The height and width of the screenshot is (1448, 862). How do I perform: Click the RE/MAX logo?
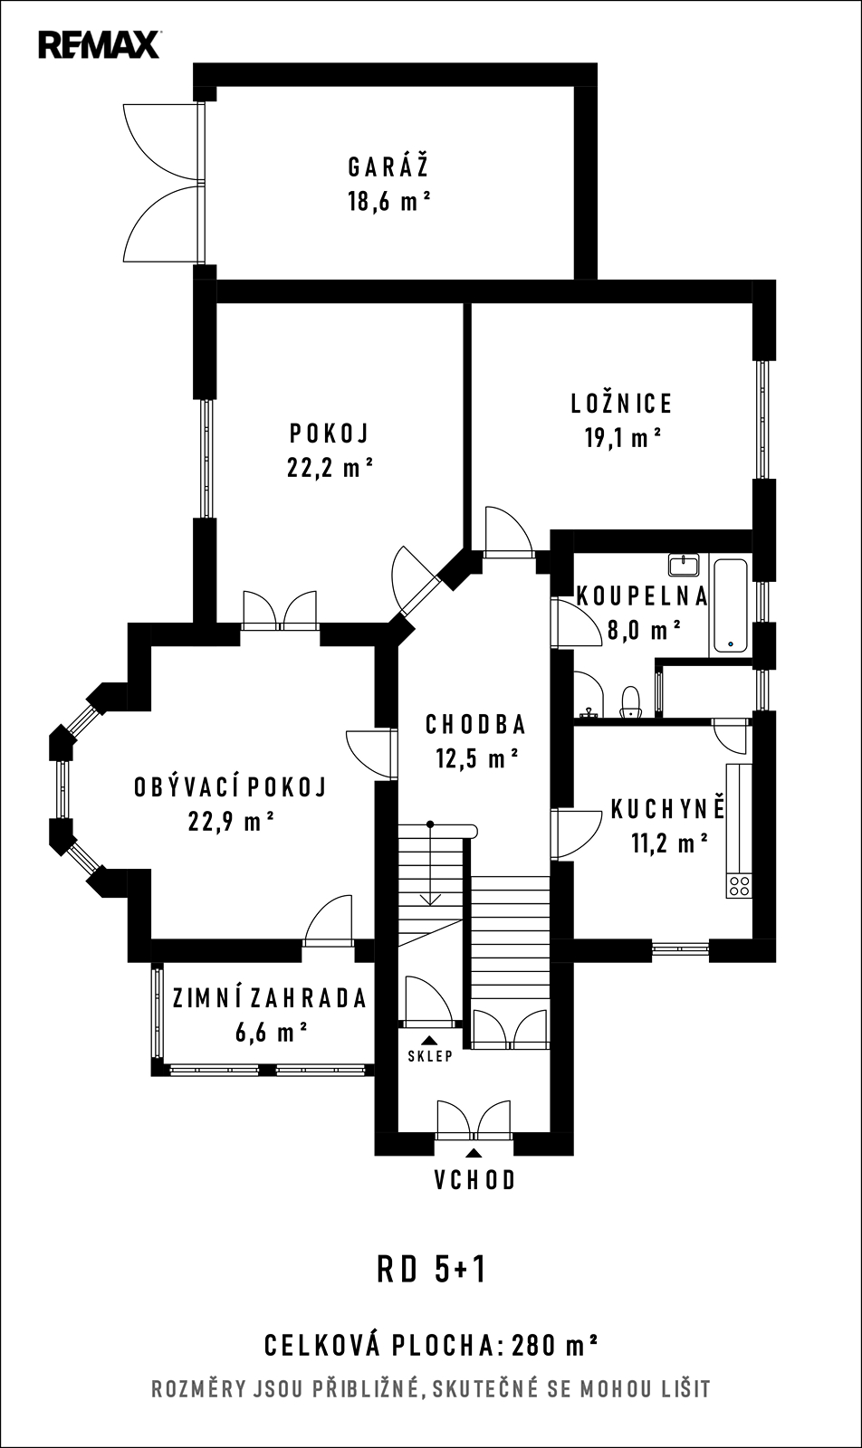pos(100,45)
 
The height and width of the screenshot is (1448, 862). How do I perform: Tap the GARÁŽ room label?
pos(388,167)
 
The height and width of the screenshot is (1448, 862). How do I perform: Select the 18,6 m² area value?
pos(389,202)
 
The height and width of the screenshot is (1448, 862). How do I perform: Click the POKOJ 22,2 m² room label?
pos(330,450)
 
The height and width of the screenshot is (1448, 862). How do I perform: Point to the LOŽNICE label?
pos(621,404)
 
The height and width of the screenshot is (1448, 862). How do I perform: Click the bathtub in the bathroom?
pos(731,605)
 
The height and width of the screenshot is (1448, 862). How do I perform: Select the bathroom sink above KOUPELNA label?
pos(684,565)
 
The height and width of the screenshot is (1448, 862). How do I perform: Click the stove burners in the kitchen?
pos(739,885)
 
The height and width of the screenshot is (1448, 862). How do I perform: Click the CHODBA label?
pos(476,725)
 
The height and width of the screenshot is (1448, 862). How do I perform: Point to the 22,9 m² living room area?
pos(232,822)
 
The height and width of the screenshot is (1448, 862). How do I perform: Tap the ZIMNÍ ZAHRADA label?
pos(270,998)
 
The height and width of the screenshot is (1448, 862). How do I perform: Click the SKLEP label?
pos(430,1056)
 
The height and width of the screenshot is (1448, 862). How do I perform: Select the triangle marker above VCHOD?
pos(474,1152)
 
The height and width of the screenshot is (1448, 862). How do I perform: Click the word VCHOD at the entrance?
pos(475,1180)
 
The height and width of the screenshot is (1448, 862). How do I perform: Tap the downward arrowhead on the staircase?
pos(430,900)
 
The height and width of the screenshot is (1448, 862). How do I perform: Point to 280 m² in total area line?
pos(554,1346)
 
